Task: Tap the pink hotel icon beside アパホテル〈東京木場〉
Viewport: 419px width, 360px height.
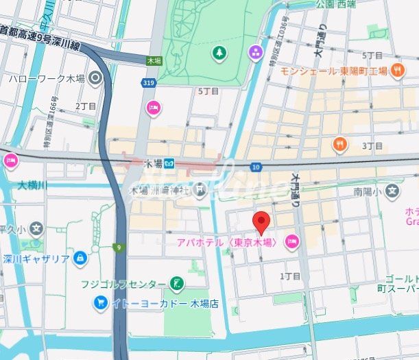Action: [292, 241]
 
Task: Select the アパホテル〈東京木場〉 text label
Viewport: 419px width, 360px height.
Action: [226, 242]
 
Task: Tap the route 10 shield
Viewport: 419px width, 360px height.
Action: [256, 167]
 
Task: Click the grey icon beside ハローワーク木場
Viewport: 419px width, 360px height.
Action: [95, 78]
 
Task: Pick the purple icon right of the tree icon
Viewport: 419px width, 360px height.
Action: [255, 52]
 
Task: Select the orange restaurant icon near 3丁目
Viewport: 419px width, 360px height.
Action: [339, 144]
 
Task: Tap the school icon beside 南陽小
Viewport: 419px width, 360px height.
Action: [392, 189]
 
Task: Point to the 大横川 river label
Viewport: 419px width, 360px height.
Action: [33, 185]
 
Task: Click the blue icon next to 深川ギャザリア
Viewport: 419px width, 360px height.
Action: [80, 258]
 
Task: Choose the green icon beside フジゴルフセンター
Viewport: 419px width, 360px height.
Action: [177, 283]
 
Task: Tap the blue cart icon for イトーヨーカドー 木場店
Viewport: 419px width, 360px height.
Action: [101, 302]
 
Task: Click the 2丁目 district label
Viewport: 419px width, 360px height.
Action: [86, 106]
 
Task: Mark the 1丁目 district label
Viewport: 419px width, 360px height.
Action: [291, 276]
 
